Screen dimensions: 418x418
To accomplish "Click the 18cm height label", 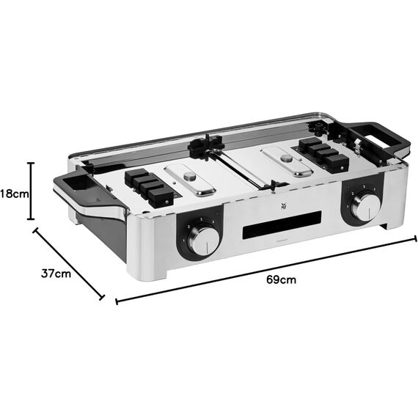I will [x=13, y=194].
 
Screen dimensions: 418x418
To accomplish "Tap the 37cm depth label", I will [x=56, y=274].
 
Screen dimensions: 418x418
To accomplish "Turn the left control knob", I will [x=205, y=238].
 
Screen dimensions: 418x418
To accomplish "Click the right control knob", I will [x=364, y=208].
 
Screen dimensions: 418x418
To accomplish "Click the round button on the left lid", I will [x=190, y=177].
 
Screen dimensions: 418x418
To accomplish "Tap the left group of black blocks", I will [x=150, y=186].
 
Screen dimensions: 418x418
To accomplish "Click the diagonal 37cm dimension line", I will [x=69, y=262].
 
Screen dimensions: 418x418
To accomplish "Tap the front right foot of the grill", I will [x=383, y=222].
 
